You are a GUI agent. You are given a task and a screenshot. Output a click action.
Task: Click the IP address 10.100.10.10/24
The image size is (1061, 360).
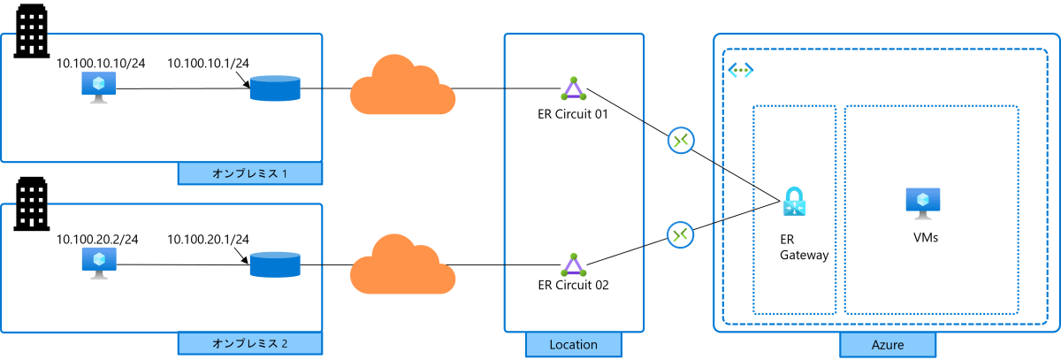point(101,63)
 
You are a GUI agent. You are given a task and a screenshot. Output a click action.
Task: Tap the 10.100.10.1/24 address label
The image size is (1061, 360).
point(208,63)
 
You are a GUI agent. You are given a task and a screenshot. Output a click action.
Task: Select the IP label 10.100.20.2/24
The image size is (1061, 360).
point(97,239)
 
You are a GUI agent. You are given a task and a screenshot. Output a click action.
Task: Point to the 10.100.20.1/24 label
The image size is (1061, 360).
point(208,239)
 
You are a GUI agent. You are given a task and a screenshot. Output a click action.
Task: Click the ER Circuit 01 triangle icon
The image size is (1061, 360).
point(574,89)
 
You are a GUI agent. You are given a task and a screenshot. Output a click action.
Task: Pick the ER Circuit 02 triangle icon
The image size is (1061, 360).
point(574,265)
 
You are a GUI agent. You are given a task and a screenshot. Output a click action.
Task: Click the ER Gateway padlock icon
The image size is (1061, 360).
point(794,202)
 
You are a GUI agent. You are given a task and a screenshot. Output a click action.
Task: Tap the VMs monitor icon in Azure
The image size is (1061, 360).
point(923,203)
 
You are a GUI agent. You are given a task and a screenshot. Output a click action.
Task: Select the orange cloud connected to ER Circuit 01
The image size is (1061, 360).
point(402,85)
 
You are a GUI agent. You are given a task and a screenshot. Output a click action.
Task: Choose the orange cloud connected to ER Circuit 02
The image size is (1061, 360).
point(402,264)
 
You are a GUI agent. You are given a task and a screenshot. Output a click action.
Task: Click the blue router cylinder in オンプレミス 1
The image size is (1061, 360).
point(275,88)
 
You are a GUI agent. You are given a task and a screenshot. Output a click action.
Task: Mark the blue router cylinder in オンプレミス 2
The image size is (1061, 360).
point(275,264)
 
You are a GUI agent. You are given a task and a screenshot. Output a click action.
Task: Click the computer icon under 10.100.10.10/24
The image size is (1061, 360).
point(98,88)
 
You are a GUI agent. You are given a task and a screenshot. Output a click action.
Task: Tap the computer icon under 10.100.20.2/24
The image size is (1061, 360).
point(99,264)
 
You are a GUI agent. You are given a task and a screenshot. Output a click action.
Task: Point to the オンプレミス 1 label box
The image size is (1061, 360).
point(250,173)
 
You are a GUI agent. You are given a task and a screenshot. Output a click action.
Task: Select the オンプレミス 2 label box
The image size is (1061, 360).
point(250,343)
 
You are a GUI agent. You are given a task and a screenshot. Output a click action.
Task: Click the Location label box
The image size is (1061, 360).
point(574,344)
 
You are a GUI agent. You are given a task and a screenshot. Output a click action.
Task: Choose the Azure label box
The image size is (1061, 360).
point(888,344)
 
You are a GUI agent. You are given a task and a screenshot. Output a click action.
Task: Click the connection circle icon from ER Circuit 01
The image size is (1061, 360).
point(681,141)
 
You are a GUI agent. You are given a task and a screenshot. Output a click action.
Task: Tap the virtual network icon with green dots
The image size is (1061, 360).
point(741,70)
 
